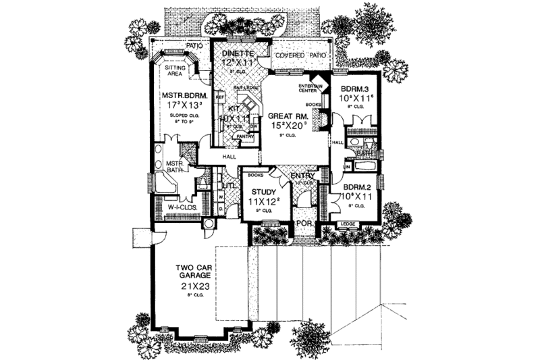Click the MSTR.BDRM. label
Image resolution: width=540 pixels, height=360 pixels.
tap(179, 95)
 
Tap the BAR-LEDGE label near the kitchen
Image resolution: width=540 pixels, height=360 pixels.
tap(232, 87)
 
